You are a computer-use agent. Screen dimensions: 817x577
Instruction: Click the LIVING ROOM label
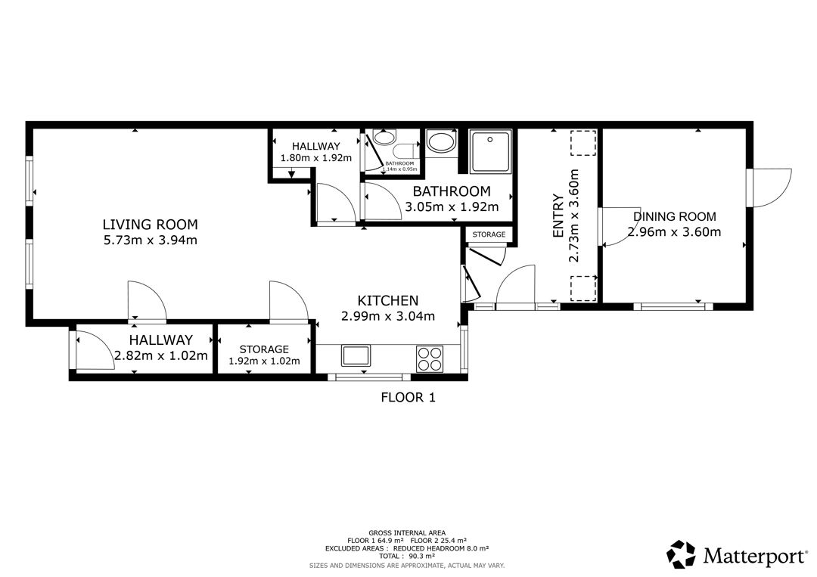(150, 225)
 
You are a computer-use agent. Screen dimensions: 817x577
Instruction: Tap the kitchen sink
(356, 355)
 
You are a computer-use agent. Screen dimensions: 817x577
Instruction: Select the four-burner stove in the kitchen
(430, 358)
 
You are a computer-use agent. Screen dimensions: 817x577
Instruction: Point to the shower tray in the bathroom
(491, 151)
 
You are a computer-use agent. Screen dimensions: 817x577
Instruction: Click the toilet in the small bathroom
(407, 151)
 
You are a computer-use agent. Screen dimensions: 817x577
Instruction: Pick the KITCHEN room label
(387, 300)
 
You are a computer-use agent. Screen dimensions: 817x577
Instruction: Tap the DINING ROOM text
(674, 216)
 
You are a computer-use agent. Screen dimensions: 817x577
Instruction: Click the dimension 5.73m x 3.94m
(150, 240)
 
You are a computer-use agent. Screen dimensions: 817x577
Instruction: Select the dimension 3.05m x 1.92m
(452, 206)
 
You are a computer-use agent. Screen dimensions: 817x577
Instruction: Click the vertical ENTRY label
(558, 216)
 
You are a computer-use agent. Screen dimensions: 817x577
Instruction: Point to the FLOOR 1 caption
(408, 397)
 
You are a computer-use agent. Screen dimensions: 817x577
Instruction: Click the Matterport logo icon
(682, 554)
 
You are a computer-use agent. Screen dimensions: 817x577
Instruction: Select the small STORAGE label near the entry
(489, 234)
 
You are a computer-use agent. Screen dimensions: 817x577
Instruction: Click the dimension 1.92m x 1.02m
(264, 361)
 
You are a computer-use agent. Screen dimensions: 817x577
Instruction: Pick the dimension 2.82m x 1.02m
(161, 355)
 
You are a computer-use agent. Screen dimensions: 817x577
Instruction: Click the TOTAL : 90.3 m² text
(407, 556)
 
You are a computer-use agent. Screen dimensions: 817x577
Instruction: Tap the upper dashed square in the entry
(582, 143)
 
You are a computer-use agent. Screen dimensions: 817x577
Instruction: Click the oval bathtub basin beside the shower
(441, 141)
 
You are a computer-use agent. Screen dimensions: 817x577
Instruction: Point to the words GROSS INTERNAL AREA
(407, 532)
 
